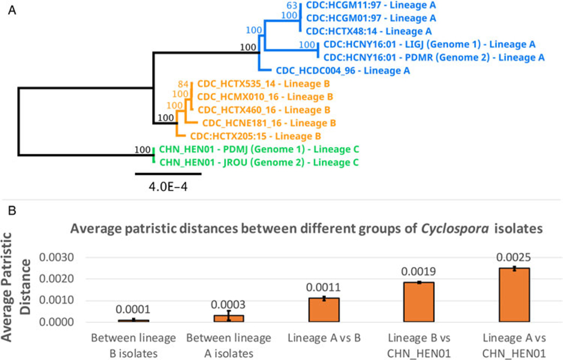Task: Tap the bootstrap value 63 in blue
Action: [292, 5]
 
